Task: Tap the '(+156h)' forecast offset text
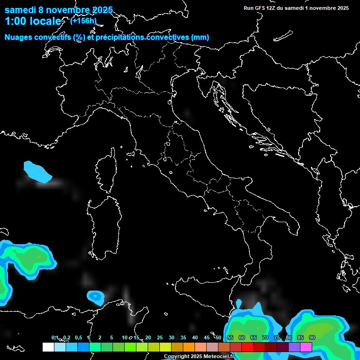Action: coord(83,21)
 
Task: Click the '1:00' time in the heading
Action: coord(16,21)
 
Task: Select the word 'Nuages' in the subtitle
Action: coord(19,37)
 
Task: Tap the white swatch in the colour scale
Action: coord(48,347)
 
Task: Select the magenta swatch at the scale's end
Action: coord(306,347)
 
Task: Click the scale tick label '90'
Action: coord(312,337)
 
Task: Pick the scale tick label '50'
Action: coord(218,337)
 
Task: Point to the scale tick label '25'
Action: coord(159,337)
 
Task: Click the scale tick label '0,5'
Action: coord(78,337)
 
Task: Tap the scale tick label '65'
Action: coord(253,337)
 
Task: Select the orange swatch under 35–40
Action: coord(189,347)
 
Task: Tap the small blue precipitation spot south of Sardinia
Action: coord(96,296)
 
